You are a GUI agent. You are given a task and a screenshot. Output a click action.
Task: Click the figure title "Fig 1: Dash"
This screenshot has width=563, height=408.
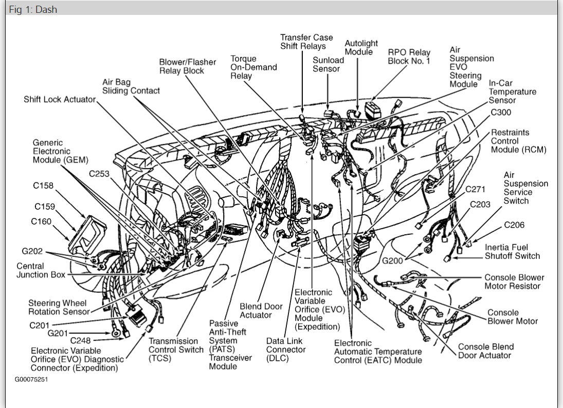click(33, 9)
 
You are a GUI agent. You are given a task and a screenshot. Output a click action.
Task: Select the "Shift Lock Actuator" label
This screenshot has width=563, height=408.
click(60, 99)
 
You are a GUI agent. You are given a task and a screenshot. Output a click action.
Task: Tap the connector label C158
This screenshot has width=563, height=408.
click(44, 186)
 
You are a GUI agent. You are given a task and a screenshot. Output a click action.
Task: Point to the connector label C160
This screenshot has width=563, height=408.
click(41, 222)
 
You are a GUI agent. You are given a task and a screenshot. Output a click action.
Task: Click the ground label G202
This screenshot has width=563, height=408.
click(32, 252)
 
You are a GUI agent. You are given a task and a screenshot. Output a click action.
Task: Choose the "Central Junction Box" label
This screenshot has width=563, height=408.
click(41, 270)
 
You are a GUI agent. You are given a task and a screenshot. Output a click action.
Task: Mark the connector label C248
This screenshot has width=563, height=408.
click(81, 340)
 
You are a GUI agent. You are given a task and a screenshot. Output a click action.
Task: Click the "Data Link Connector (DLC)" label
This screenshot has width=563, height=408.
click(286, 349)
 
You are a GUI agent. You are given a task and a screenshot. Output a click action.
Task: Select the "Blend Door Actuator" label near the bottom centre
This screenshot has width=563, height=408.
click(261, 310)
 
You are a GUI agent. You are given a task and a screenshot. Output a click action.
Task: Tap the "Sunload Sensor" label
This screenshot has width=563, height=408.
click(328, 64)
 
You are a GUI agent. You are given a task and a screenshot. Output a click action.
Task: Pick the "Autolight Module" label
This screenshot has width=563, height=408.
click(361, 47)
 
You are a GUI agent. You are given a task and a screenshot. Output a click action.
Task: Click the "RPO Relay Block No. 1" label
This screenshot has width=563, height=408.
click(409, 57)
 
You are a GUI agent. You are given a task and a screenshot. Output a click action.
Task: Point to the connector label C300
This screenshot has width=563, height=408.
click(501, 113)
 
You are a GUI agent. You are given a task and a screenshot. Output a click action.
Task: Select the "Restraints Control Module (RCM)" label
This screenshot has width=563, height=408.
click(518, 141)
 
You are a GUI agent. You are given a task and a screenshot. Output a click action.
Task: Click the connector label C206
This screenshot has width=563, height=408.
click(514, 225)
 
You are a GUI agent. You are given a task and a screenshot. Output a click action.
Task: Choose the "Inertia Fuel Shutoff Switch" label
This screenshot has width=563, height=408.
click(512, 251)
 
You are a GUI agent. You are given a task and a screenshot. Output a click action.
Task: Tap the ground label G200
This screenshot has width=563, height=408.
click(392, 261)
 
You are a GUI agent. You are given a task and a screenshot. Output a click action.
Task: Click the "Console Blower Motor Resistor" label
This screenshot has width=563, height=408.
click(514, 282)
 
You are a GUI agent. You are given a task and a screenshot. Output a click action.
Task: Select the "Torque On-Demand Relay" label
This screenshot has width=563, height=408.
click(253, 67)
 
